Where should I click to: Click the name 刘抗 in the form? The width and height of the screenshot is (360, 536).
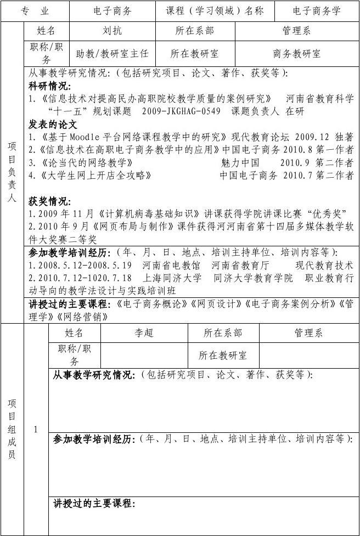coord(113,31)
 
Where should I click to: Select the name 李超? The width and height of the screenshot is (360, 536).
coord(144,333)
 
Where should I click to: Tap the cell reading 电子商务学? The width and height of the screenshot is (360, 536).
coord(317,11)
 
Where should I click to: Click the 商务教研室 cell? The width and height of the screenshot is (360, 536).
coord(297,54)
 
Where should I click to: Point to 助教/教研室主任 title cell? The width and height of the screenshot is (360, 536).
coord(113,54)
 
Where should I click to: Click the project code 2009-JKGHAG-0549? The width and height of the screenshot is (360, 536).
coord(181,111)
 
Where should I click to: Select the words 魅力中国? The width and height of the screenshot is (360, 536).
coord(240,163)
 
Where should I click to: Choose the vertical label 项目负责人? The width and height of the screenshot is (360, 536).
coord(12,172)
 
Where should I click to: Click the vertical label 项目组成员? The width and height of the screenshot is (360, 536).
coord(12,428)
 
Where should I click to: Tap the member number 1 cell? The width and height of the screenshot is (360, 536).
coord(36,430)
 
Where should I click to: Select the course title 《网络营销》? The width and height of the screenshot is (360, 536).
coord(87,317)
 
